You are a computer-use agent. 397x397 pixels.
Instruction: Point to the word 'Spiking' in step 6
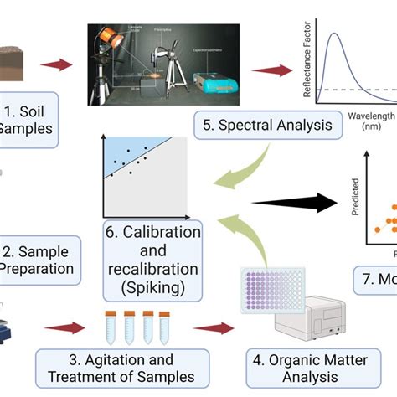coord(152,287)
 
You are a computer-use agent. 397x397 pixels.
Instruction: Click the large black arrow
coord(293,202)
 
